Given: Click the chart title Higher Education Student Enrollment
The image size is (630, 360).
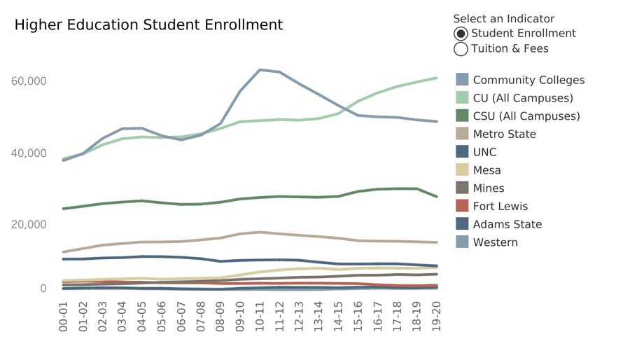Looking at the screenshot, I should pyautogui.click(x=148, y=25).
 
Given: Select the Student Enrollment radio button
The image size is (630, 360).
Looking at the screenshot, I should pyautogui.click(x=461, y=34).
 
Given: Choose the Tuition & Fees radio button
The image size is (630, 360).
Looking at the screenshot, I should pyautogui.click(x=461, y=49).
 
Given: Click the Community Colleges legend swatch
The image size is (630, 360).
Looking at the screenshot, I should pyautogui.click(x=462, y=80).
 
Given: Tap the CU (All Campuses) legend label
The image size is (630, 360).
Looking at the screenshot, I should pyautogui.click(x=523, y=98).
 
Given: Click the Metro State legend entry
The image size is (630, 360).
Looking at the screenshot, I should pyautogui.click(x=504, y=134).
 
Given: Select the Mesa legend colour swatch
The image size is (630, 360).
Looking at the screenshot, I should pyautogui.click(x=462, y=170).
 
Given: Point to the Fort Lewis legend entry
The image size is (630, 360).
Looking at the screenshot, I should pyautogui.click(x=500, y=207).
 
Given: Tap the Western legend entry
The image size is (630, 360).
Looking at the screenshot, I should pyautogui.click(x=495, y=242).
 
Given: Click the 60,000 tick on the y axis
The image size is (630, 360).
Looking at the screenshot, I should pyautogui.click(x=29, y=81).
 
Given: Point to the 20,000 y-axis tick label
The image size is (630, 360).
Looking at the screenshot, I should pyautogui.click(x=29, y=224).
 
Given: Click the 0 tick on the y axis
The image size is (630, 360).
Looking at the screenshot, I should pyautogui.click(x=43, y=289).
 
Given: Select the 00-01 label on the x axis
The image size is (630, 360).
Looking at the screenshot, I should pyautogui.click(x=64, y=315).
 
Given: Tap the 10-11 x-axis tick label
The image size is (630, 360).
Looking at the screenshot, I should pyautogui.click(x=260, y=315).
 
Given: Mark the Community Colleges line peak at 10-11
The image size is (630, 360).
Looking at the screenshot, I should pyautogui.click(x=260, y=69).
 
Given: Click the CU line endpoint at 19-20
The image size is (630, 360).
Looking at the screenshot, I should pyautogui.click(x=437, y=78).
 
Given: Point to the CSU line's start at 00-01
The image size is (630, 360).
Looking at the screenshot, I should pyautogui.click(x=64, y=209).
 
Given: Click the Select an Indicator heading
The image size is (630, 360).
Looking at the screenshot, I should pyautogui.click(x=503, y=19).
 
